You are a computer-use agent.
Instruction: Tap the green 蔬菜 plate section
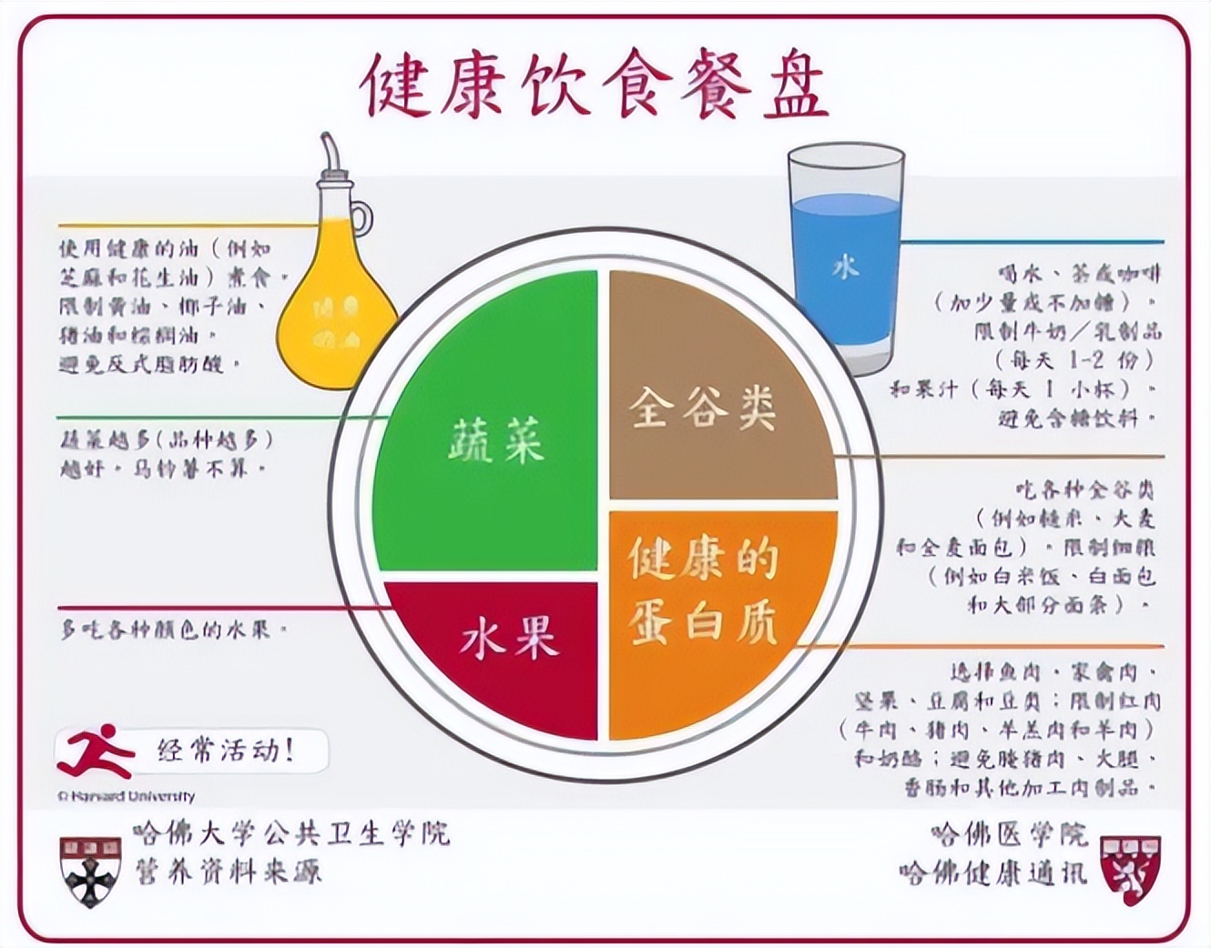[x=487, y=419]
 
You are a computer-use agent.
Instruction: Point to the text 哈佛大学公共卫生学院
[x=291, y=833]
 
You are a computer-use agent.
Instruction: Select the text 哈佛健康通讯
[x=993, y=873]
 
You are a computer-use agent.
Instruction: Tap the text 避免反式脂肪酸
[x=151, y=365]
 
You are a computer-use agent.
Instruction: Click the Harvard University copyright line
[x=127, y=796]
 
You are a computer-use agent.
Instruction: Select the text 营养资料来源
[x=228, y=872]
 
